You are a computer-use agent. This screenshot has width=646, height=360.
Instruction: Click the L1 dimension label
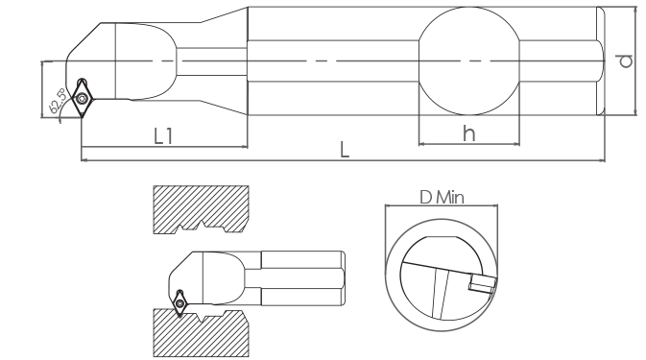pos(163,136)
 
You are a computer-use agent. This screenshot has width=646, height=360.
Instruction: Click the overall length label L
pos(345,150)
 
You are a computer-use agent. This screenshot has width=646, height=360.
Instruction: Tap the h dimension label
pos(468,133)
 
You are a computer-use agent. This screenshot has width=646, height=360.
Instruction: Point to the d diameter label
pos(626,61)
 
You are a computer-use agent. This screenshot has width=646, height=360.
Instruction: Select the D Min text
pos(442,198)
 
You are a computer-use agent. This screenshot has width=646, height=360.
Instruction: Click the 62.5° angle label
pos(58,102)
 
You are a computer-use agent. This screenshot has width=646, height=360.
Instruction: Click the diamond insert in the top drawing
pos(83,98)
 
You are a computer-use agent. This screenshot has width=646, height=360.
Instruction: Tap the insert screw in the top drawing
pos(82,98)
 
